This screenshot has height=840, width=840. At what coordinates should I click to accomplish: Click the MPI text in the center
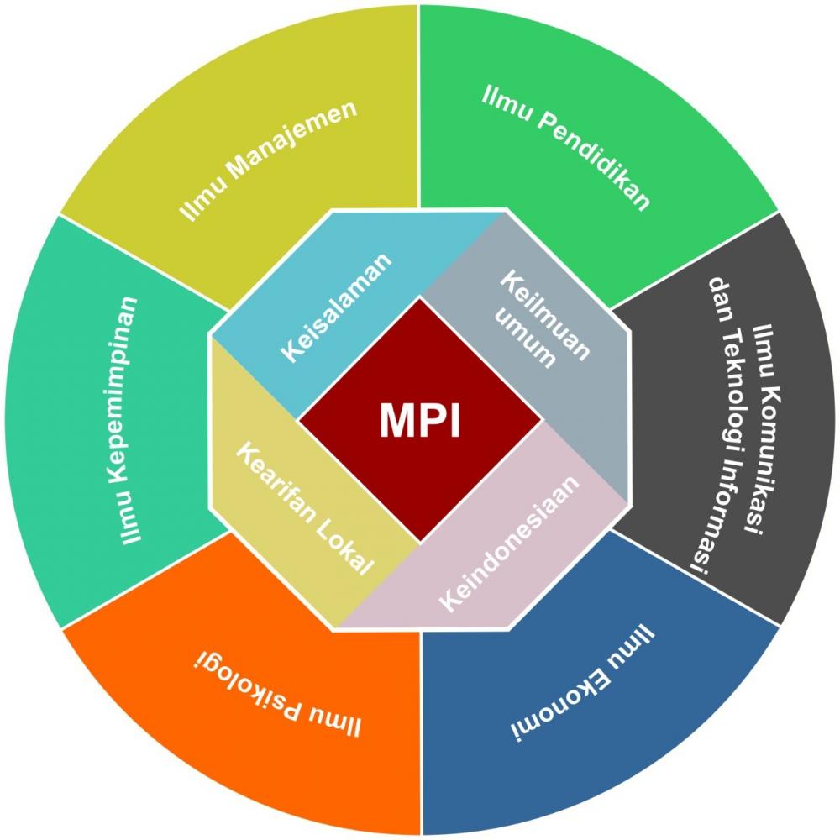tap(420, 420)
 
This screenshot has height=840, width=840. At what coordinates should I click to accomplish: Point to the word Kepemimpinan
tap(129, 395)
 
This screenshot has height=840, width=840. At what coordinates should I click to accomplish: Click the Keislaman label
tap(337, 307)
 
